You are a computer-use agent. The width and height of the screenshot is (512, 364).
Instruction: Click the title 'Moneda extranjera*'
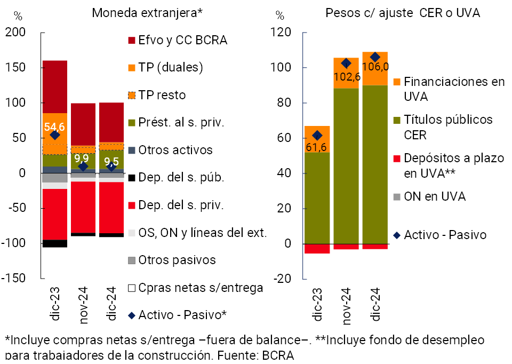point(147,12)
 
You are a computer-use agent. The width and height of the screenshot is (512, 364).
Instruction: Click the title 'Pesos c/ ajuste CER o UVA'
point(403,12)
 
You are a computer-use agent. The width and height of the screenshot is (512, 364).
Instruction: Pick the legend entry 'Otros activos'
point(175,151)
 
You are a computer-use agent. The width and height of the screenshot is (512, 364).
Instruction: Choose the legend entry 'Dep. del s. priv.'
point(181,204)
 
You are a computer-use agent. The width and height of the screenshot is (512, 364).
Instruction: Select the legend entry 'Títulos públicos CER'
point(447,127)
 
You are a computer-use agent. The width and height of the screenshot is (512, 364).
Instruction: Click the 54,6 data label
point(54,126)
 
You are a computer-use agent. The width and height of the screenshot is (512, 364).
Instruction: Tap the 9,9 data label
point(82,159)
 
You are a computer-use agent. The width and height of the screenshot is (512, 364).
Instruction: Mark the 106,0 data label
point(375,67)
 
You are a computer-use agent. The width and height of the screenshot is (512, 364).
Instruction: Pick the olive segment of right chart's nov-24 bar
point(346,165)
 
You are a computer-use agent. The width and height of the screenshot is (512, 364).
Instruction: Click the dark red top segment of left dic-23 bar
point(54,86)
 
